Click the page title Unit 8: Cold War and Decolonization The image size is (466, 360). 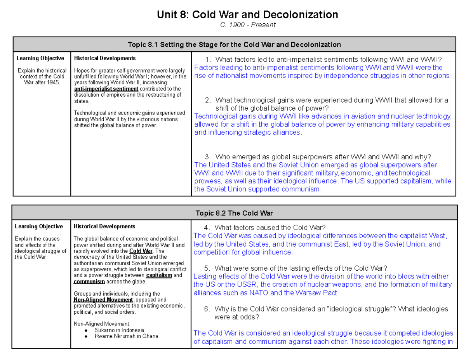(247, 15)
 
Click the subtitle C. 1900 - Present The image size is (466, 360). (247, 25)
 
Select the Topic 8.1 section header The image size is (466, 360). (234, 44)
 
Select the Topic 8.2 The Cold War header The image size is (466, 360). (234, 213)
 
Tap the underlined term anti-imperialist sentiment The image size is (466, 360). (101, 89)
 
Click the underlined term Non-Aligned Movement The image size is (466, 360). (103, 300)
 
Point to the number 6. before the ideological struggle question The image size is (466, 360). (207, 309)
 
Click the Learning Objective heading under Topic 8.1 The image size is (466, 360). (40, 58)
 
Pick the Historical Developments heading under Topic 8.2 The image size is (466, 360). (104, 226)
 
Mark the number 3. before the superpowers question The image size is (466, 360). (209, 157)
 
